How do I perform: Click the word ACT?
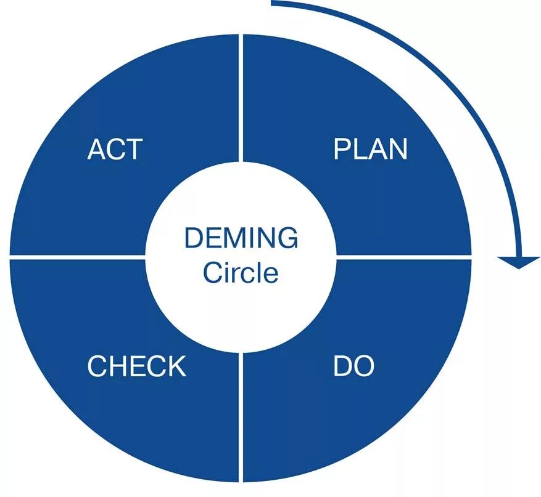coord(115,149)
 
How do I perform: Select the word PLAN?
coord(370,149)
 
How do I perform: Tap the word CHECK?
coord(136,366)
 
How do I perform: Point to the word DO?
coord(353,366)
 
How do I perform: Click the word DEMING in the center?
coord(241,238)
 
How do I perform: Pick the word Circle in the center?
coord(241,272)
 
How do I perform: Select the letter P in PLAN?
coord(341,149)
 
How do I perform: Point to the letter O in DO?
coord(364,366)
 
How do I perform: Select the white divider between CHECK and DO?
coord(241,419)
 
